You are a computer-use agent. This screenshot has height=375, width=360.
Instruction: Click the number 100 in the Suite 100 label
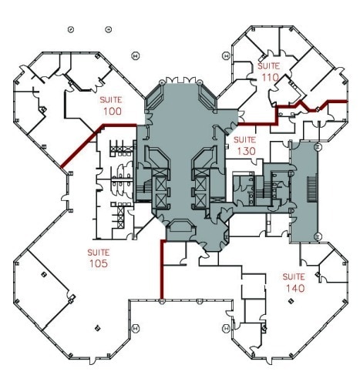click(113, 112)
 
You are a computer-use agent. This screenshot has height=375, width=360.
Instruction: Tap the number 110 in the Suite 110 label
click(269, 78)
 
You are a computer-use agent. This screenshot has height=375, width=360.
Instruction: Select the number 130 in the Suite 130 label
click(245, 150)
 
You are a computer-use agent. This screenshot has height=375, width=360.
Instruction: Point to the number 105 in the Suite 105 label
click(98, 263)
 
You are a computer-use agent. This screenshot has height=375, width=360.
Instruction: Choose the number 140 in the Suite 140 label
click(294, 288)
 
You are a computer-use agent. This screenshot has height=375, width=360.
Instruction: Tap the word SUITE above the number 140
click(294, 276)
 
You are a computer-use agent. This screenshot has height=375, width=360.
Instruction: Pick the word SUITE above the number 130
click(245, 139)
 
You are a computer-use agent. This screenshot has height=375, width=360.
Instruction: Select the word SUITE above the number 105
click(98, 252)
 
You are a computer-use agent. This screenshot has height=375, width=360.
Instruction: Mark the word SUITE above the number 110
click(269, 67)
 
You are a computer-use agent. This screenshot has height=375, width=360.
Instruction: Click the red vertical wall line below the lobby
click(161, 270)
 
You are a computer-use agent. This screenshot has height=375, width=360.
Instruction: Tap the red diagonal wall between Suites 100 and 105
click(79, 146)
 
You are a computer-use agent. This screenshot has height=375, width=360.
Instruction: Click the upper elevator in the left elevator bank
click(160, 185)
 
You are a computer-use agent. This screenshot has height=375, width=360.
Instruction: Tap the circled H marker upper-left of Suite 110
click(225, 55)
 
